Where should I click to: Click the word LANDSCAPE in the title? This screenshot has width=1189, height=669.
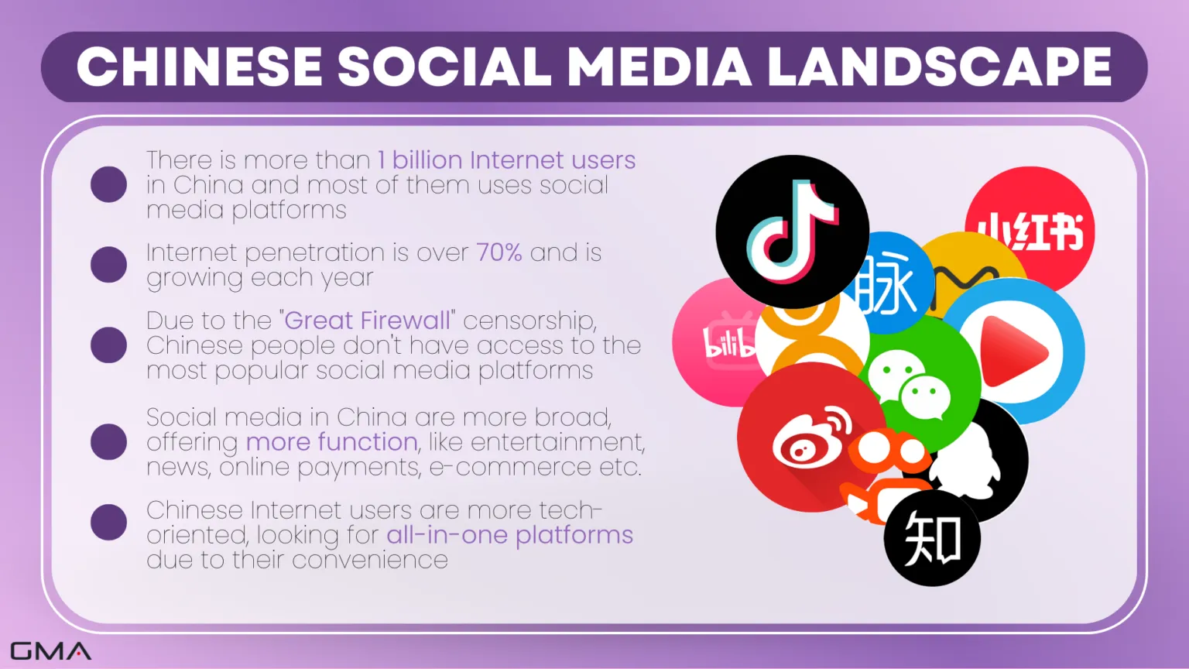940,67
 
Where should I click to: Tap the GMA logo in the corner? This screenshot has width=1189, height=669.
50,651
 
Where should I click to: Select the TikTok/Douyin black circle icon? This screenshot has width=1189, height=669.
793,232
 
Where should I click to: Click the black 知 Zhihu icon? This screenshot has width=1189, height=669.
932,538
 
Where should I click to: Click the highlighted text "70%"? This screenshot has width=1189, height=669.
499,252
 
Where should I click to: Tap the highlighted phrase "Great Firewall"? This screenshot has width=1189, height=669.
367,320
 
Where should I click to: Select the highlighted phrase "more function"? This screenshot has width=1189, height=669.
332,442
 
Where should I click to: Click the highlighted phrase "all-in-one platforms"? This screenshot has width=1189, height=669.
509,535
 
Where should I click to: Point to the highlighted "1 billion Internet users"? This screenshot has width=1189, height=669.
506,160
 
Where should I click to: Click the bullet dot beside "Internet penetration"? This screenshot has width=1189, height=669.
109,264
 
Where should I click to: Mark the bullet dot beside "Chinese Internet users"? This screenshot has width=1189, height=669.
109,522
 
